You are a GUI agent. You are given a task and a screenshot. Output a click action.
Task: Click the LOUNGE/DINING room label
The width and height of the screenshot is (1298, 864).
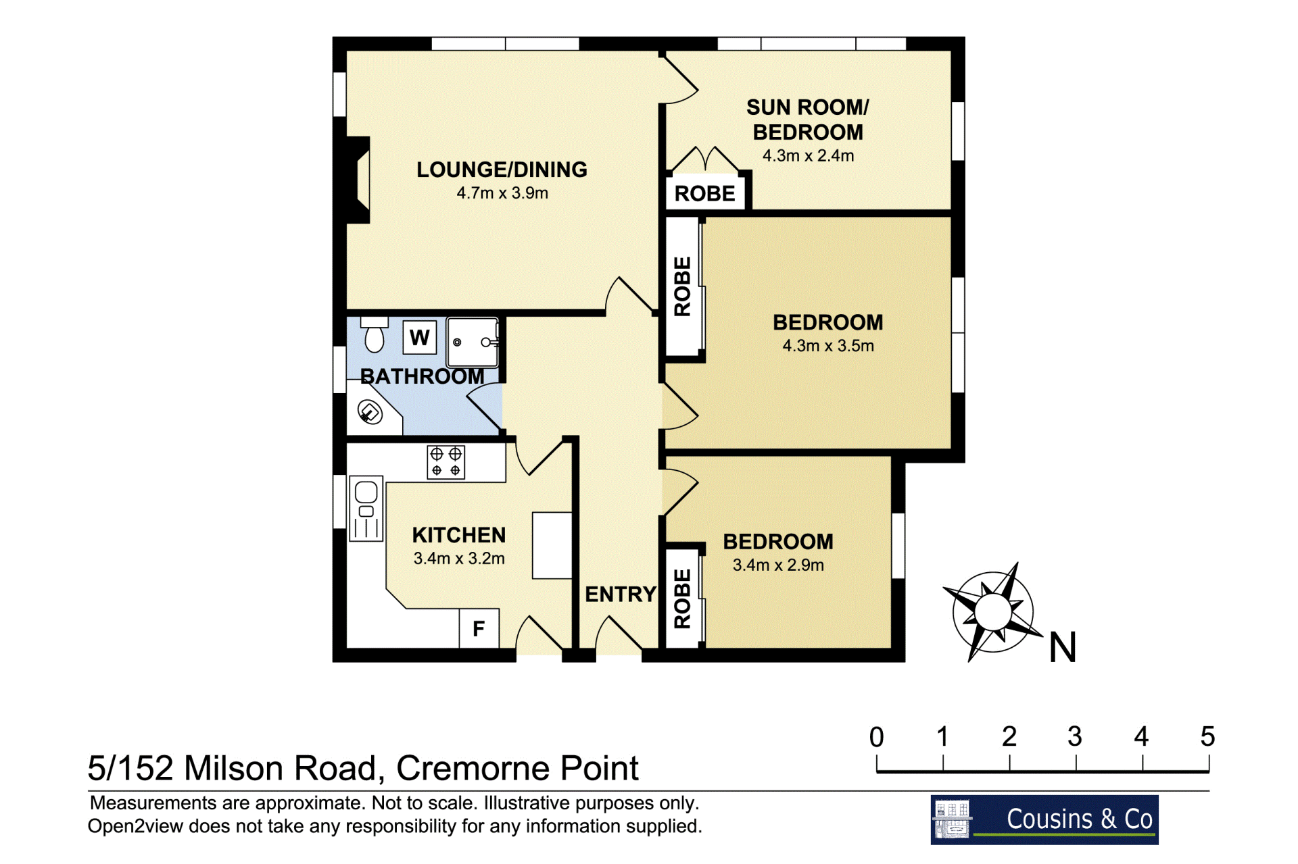[502, 170]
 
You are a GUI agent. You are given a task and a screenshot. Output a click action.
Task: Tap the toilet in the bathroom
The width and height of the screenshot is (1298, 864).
[375, 334]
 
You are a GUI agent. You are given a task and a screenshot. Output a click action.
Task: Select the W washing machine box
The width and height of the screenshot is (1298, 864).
[419, 337]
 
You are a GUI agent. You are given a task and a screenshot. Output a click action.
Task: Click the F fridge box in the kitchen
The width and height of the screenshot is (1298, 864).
[479, 629]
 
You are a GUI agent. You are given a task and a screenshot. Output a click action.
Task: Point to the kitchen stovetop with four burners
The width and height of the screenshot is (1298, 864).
[446, 462]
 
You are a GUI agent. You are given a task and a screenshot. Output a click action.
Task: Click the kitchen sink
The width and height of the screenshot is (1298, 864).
[366, 509]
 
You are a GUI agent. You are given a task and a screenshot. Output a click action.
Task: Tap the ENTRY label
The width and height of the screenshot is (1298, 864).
[621, 594]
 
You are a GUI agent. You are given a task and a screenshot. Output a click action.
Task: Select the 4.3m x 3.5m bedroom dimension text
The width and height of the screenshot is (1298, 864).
[828, 346]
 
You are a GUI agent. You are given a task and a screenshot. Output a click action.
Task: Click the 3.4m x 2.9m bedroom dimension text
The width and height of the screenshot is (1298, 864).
[778, 565]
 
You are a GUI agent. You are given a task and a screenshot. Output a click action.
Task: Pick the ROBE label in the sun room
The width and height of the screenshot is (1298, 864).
[704, 194]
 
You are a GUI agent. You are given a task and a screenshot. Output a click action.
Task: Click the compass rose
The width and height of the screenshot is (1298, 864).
[992, 612]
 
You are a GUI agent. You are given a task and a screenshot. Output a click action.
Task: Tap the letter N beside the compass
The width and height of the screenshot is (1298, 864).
[1063, 647]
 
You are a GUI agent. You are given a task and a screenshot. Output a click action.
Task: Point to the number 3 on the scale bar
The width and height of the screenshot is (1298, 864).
[1075, 736]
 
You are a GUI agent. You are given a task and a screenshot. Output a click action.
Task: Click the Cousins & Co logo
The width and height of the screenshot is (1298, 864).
[1044, 819]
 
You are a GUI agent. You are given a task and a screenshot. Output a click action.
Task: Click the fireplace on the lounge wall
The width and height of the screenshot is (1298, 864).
[359, 180]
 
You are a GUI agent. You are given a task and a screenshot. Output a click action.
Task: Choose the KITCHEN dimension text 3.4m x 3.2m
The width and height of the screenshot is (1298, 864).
[459, 559]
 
